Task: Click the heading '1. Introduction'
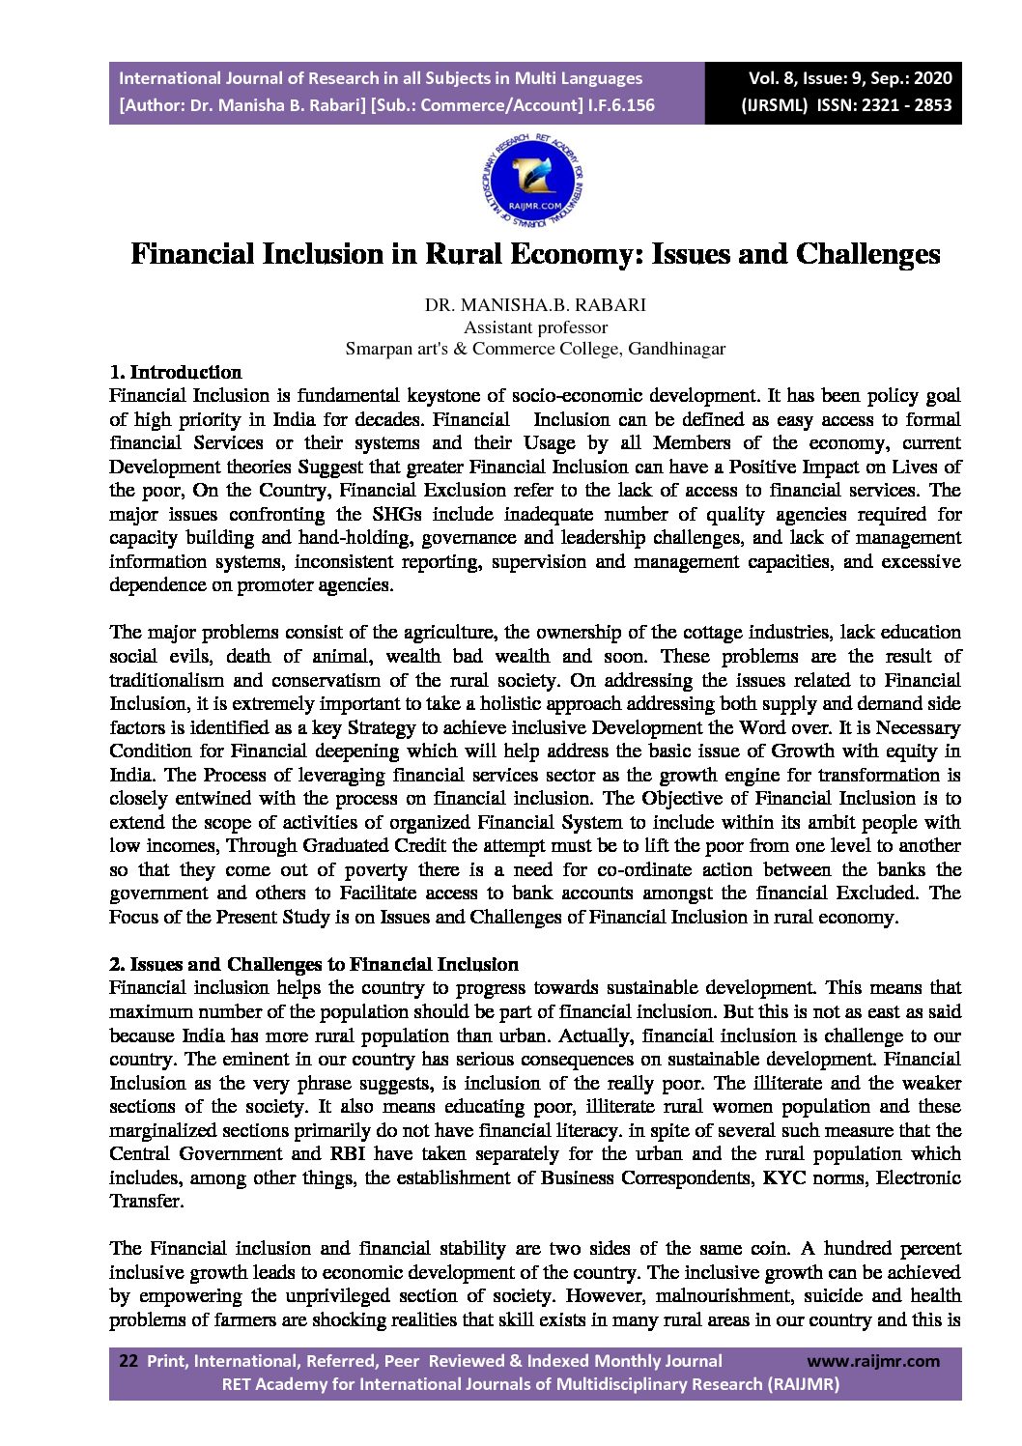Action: click(176, 372)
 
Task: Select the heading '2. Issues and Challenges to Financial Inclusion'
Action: click(314, 964)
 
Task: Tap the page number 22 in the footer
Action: click(128, 1361)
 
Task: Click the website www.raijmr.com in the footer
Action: click(872, 1361)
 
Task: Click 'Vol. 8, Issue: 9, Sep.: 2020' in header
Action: click(850, 78)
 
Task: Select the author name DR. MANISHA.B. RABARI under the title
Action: click(535, 305)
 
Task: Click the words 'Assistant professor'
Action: click(535, 326)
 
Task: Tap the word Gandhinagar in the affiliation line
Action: click(676, 349)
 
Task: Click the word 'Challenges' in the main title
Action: click(867, 254)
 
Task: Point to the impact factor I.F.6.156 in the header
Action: click(621, 105)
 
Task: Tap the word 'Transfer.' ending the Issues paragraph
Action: click(146, 1201)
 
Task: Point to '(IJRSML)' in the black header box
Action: click(774, 105)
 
